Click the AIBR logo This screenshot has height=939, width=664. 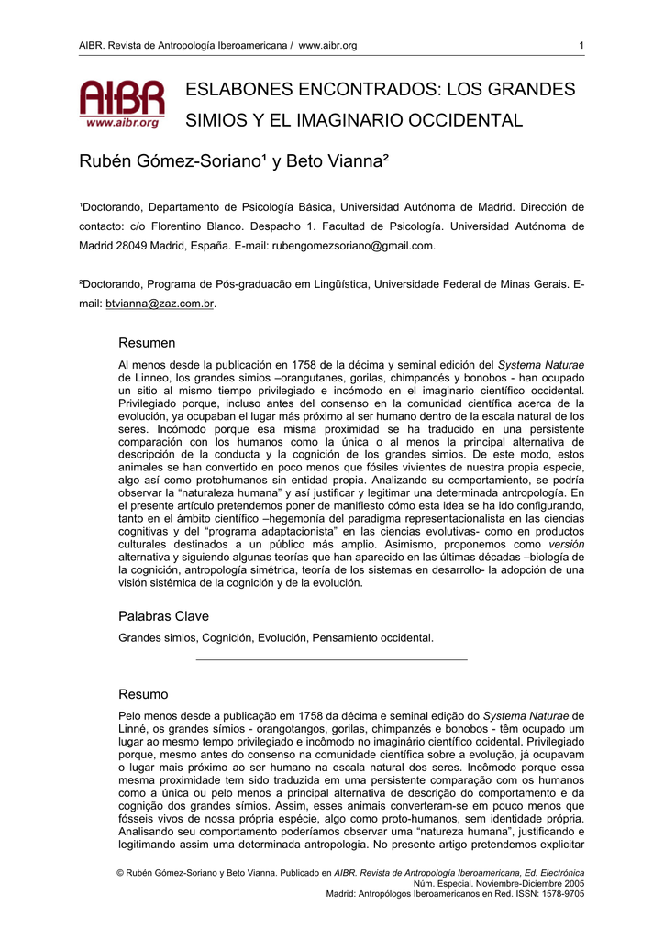click(x=121, y=103)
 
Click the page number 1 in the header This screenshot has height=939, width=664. click(x=581, y=46)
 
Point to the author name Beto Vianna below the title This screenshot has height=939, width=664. click(x=338, y=162)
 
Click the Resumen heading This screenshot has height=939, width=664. click(x=147, y=343)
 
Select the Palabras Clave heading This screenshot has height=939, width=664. click(x=163, y=616)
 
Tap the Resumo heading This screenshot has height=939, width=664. click(x=144, y=694)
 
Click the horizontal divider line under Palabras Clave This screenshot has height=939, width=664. click(x=331, y=658)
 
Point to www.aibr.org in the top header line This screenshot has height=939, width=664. click(x=327, y=46)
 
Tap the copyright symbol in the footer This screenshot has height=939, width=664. click(x=120, y=872)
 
